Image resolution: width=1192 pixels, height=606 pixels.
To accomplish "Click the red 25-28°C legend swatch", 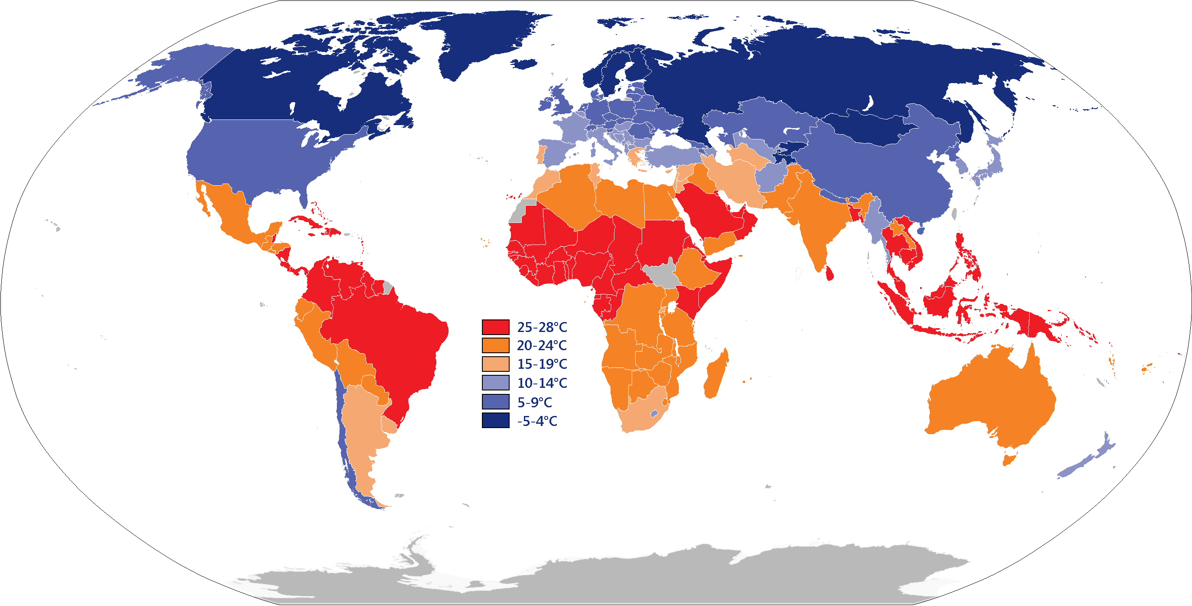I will [x=495, y=327].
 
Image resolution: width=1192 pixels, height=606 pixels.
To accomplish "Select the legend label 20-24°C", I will [x=541, y=345].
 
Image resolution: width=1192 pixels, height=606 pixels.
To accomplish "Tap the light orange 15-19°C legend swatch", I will [x=495, y=364].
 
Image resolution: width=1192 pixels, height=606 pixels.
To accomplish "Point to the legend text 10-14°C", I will [x=542, y=383].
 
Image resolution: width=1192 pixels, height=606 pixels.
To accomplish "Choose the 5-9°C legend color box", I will [x=495, y=402].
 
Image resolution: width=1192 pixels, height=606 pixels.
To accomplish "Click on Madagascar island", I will [x=716, y=375].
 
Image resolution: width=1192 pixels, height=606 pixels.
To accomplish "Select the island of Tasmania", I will [x=1008, y=460].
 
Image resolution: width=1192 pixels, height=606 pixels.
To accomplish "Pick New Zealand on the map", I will [x=1083, y=463].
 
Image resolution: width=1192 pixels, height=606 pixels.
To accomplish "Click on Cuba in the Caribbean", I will [x=308, y=222].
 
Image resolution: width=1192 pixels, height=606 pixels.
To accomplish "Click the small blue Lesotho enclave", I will [x=654, y=413].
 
